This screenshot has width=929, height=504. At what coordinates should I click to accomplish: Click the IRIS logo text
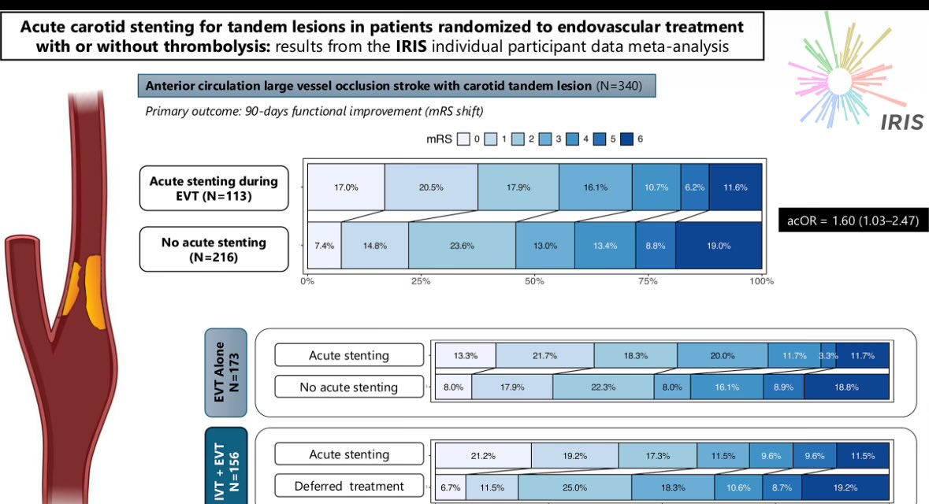pyautogui.click(x=902, y=122)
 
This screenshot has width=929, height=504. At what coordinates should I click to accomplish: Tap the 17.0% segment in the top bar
pyautogui.click(x=346, y=187)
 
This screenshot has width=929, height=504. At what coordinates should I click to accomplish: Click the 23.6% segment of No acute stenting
pyautogui.click(x=462, y=246)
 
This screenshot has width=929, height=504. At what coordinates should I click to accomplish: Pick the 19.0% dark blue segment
pyautogui.click(x=719, y=246)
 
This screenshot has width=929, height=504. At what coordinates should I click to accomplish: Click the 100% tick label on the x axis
pyautogui.click(x=761, y=281)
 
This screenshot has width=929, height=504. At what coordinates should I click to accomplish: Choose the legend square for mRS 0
pyautogui.click(x=463, y=139)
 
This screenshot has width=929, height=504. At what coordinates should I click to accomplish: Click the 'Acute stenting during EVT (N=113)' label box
pyautogui.click(x=214, y=188)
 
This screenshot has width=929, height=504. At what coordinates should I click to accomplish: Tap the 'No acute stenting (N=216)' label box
pyautogui.click(x=214, y=250)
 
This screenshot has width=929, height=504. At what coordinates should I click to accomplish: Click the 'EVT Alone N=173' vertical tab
pyautogui.click(x=225, y=372)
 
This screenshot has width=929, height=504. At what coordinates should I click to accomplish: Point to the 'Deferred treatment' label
pyautogui.click(x=349, y=486)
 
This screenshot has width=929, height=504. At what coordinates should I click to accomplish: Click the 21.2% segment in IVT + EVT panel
pyautogui.click(x=483, y=455)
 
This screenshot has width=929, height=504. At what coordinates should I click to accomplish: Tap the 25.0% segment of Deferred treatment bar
pyautogui.click(x=574, y=487)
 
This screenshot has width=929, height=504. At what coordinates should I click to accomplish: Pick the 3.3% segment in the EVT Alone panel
pyautogui.click(x=828, y=356)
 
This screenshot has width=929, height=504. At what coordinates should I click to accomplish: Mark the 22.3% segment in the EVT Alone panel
pyautogui.click(x=603, y=387)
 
